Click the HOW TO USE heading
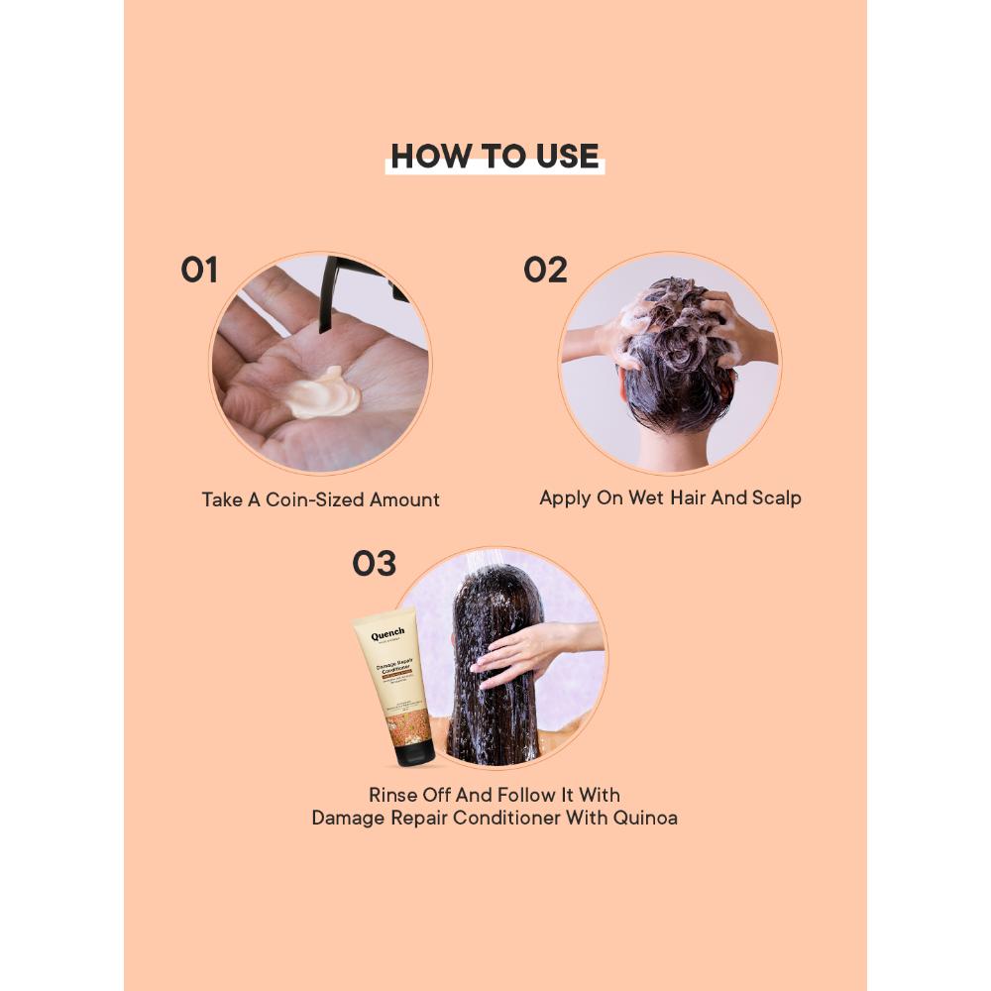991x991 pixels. [495, 157]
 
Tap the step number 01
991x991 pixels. [199, 270]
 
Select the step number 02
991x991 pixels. [546, 270]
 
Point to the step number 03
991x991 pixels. [374, 564]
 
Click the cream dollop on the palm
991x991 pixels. [325, 392]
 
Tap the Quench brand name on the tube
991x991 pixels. [387, 634]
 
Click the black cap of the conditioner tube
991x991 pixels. [413, 752]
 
